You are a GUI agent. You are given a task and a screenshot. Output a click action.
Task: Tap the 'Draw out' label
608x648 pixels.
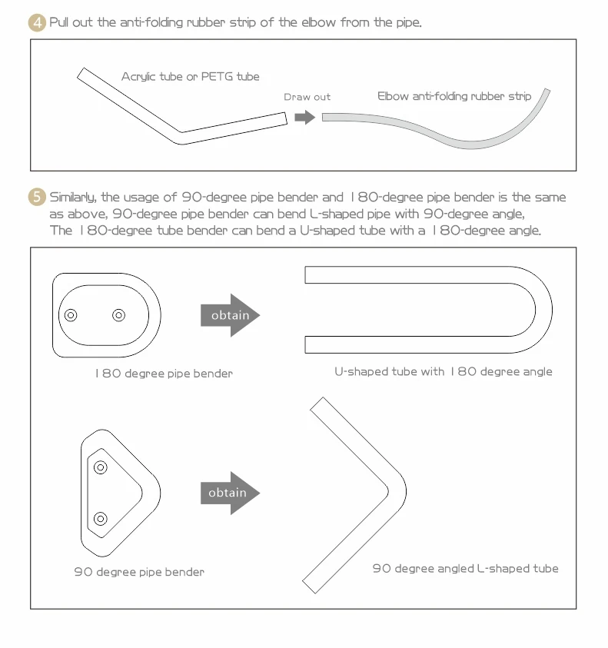[307, 97]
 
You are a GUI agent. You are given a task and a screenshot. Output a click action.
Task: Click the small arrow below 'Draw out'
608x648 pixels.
[305, 117]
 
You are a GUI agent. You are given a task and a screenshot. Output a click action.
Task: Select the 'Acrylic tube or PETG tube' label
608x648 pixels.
[190, 77]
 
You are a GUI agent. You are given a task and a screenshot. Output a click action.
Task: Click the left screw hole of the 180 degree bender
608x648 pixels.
[71, 315]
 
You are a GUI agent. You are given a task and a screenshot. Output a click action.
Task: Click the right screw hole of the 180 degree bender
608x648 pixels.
[118, 315]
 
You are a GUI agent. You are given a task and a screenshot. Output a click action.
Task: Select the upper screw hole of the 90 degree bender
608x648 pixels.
[101, 467]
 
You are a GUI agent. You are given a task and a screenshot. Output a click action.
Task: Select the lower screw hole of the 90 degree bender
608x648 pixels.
[101, 519]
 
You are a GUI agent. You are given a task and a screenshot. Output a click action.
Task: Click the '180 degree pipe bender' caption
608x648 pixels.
[164, 374]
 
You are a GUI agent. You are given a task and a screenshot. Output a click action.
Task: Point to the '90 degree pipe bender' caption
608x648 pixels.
[139, 572]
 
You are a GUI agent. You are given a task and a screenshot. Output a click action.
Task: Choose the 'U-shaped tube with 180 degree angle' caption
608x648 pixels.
[443, 371]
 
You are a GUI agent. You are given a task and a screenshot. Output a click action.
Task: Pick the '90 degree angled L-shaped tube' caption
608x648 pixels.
[465, 569]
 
